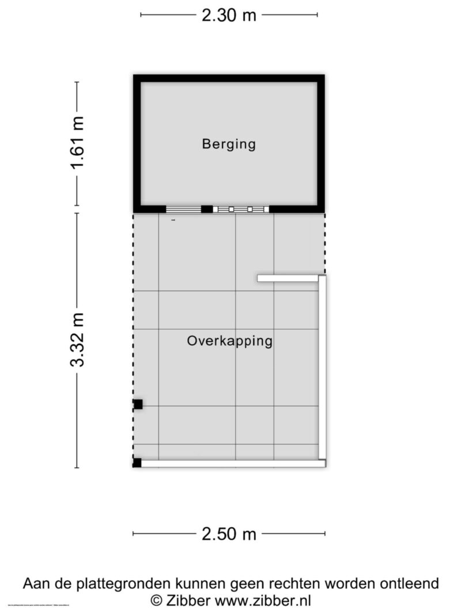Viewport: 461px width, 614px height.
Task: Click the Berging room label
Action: tap(228, 144)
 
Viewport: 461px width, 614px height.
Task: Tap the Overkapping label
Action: tap(229, 341)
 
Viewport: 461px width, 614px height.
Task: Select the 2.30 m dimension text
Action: tap(229, 16)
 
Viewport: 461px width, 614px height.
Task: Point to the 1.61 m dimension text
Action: tap(77, 143)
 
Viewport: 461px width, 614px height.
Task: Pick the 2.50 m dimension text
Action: tap(229, 535)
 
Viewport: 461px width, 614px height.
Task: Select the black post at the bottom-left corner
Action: tap(137, 463)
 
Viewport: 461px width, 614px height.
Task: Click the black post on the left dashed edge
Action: tap(138, 405)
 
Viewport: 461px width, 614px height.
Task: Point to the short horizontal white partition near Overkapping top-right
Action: tap(288, 279)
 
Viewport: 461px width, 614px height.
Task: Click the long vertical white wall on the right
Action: tap(322, 368)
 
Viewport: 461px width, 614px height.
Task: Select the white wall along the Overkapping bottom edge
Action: tap(231, 463)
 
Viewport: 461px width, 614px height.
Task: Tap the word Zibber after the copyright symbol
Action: tap(188, 601)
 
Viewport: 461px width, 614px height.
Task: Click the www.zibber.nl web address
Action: tap(263, 601)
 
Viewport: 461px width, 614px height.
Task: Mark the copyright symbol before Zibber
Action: tap(156, 601)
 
